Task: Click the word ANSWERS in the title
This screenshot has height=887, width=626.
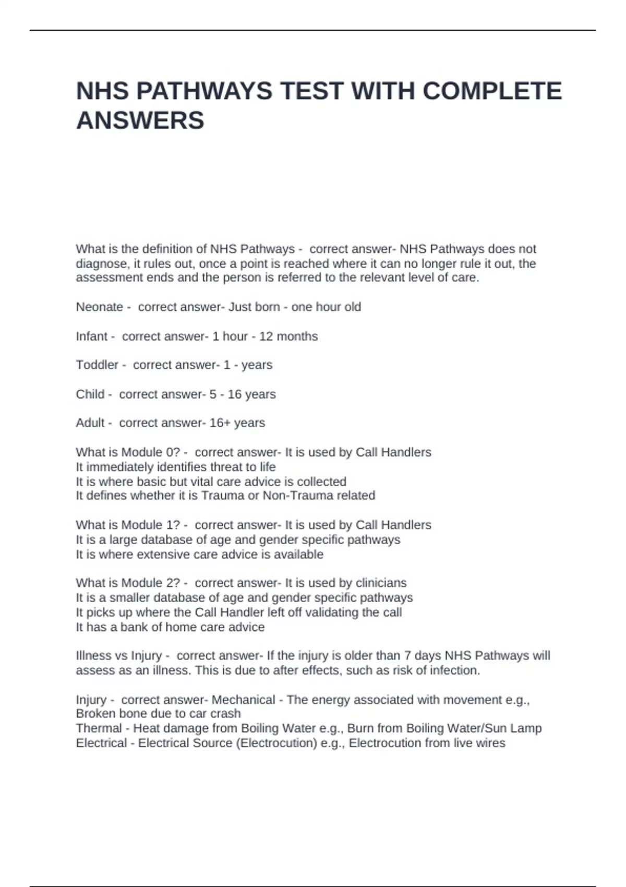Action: pyautogui.click(x=140, y=121)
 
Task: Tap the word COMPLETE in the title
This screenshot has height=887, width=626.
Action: pyautogui.click(x=492, y=91)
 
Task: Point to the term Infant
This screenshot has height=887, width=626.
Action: pyautogui.click(x=92, y=336)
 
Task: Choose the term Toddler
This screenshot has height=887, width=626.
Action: pyautogui.click(x=97, y=365)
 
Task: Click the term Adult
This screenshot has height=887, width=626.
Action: pyautogui.click(x=90, y=423)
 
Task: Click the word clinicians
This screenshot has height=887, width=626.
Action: pyautogui.click(x=381, y=582)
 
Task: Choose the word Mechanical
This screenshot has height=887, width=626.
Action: pyautogui.click(x=243, y=699)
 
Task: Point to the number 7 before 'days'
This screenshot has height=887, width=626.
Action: pyautogui.click(x=407, y=655)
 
